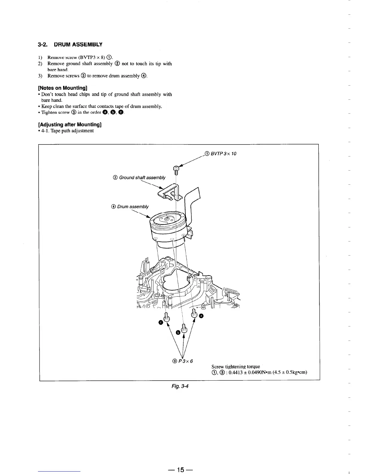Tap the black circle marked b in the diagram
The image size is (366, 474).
178,332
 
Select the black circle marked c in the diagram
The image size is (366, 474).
161,322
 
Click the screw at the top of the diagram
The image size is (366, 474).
176,170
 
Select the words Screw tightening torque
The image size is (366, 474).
236,367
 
